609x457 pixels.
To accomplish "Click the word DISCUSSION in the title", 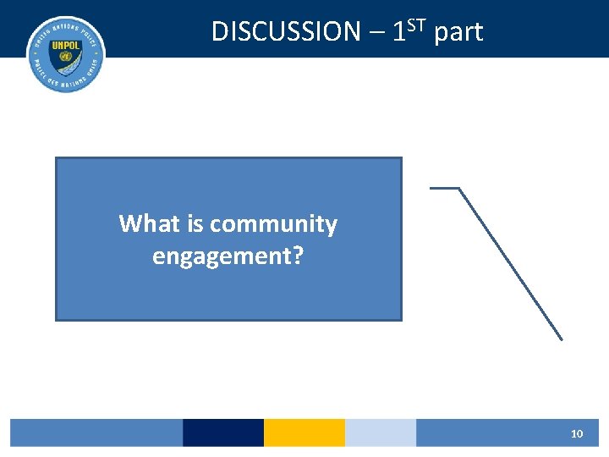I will pyautogui.click(x=285, y=32).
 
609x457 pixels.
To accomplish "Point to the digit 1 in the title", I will pyautogui.click(x=400, y=32).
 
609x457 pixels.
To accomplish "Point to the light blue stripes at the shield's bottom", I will pyautogui.click(x=65, y=73).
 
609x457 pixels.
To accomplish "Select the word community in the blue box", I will pyautogui.click(x=273, y=224).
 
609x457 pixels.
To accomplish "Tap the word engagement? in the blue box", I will pyautogui.click(x=228, y=255).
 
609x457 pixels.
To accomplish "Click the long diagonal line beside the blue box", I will pyautogui.click(x=511, y=263).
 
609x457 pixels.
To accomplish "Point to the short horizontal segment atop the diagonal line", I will pyautogui.click(x=445, y=188).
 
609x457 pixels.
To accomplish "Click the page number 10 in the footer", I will pyautogui.click(x=577, y=433).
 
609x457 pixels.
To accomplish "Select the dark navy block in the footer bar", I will pyautogui.click(x=223, y=432).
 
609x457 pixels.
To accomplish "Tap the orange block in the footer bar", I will pyautogui.click(x=304, y=432).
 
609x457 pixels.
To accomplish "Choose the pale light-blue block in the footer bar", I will pyautogui.click(x=381, y=432).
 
